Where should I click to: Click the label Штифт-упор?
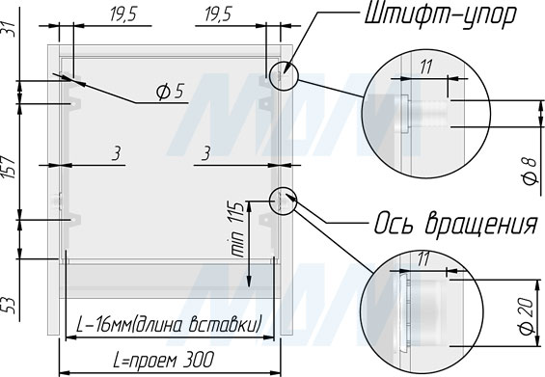pos(440,15)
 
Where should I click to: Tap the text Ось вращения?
pos(455,223)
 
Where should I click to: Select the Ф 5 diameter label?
pos(170,92)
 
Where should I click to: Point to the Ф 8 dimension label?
pos(530,171)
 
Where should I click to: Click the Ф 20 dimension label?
pos(528,315)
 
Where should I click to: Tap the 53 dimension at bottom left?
pos(10,306)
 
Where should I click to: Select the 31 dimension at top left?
pos(10,30)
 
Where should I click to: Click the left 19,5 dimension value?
pos(123,15)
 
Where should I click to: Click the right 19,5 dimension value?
pos(218,15)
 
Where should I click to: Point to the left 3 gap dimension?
pos(117,153)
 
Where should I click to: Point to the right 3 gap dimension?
pos(206,153)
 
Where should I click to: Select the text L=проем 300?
pos(163,360)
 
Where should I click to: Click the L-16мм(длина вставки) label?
pos(168,325)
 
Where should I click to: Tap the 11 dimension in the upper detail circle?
pos(425,67)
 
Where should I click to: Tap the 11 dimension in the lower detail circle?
pos(423,259)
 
